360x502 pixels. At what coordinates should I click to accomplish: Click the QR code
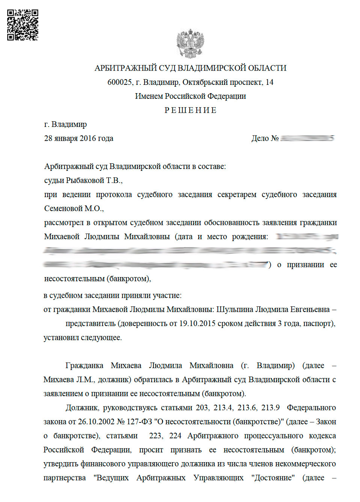23,25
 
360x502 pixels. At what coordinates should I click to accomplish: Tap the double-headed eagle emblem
190,44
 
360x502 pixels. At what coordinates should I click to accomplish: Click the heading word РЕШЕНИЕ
190,110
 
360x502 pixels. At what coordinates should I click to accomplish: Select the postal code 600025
119,82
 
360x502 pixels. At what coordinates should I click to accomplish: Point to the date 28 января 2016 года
78,138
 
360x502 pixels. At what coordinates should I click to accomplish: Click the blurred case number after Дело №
307,138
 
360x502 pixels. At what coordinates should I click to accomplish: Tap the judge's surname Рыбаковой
85,181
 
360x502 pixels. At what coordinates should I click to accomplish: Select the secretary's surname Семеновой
63,208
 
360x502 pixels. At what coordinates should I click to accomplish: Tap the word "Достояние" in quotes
273,478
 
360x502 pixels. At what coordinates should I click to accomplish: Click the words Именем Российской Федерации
190,96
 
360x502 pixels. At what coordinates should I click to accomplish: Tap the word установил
61,338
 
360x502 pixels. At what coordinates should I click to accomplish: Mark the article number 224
175,436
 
